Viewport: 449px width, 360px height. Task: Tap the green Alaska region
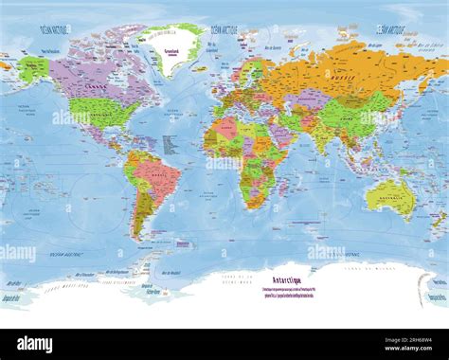33,68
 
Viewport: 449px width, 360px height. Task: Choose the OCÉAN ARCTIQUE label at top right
395,30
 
